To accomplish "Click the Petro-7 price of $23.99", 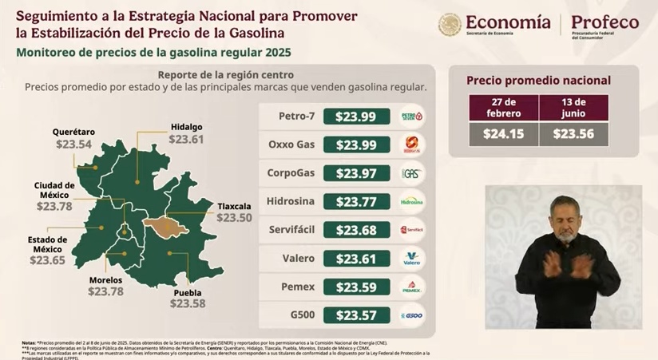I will (x=356, y=117).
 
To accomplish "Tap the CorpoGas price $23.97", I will (x=356, y=173).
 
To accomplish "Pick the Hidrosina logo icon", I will (x=412, y=201).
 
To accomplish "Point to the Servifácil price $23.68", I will (x=356, y=230).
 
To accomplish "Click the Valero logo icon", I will (x=412, y=259).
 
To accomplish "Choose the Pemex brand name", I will (x=296, y=287).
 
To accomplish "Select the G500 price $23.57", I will (x=356, y=315).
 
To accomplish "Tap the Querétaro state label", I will (x=73, y=132).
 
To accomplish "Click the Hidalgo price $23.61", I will (x=186, y=138).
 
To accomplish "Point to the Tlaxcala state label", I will (x=234, y=206).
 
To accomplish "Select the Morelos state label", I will (x=105, y=280).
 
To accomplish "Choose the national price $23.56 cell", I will (x=574, y=133).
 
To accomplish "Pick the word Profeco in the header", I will (x=604, y=22).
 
